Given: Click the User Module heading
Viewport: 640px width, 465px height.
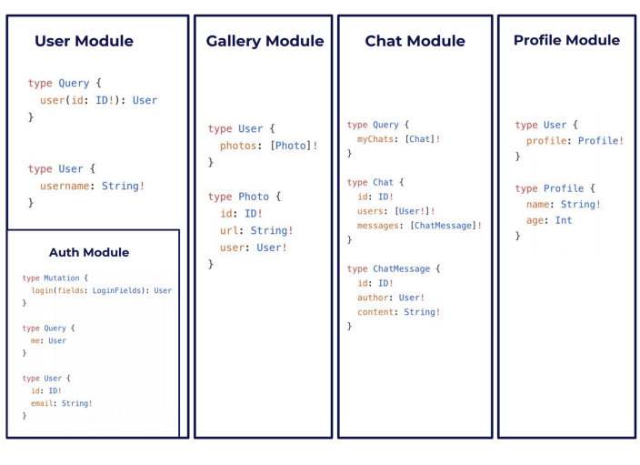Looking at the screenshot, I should point(84,41).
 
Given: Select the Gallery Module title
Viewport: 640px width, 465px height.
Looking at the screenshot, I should point(265,41).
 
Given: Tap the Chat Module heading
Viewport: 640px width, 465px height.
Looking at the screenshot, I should point(415,41).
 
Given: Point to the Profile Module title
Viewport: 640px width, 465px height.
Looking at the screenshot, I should point(566,40).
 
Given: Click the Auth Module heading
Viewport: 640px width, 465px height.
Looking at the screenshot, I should point(89,252).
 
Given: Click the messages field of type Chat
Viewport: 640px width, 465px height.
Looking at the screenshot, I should point(381,225).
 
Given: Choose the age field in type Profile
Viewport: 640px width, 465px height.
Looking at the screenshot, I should point(535,220).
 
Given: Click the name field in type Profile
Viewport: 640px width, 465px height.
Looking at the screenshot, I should point(538,205).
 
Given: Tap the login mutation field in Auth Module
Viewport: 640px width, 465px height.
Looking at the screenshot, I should point(40,290).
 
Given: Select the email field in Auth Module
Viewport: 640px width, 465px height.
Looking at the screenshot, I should point(43,403).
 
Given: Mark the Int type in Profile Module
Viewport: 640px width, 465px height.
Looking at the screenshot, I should point(564,220).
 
